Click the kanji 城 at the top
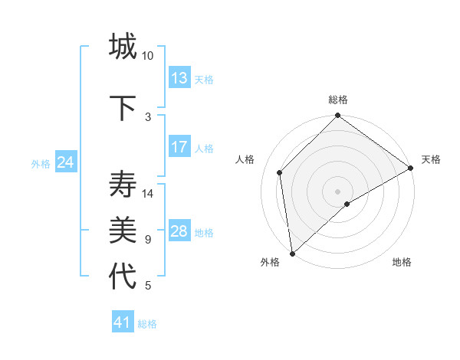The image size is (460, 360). (x=123, y=47)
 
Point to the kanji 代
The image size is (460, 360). (x=123, y=277)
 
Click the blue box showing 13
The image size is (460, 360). (x=179, y=78)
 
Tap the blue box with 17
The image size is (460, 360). (x=179, y=147)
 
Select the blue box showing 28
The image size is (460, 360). (x=179, y=231)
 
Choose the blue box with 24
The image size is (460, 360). (x=66, y=162)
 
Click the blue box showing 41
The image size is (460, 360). (x=123, y=322)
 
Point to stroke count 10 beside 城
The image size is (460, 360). (x=148, y=56)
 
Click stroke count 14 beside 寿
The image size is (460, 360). (x=148, y=194)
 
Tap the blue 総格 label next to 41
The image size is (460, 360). (x=147, y=324)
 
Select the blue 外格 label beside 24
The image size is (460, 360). (x=41, y=163)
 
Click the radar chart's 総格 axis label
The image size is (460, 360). (x=338, y=100)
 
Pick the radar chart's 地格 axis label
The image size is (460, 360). (x=402, y=262)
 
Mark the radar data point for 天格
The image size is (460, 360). (x=411, y=169)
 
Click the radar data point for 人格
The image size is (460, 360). (x=280, y=172)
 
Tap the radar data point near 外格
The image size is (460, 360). (x=292, y=253)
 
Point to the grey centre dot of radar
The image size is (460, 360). (x=338, y=190)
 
